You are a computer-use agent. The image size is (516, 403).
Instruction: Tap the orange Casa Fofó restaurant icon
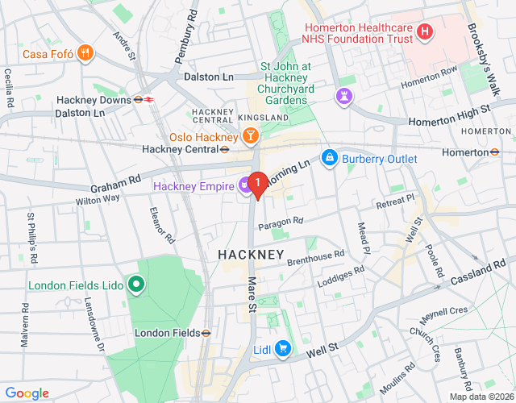[86, 54]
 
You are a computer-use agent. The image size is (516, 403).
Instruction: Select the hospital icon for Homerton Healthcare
[426, 33]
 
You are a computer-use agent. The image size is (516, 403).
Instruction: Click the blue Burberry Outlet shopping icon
[329, 158]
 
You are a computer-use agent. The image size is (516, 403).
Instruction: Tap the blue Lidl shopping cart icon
[282, 348]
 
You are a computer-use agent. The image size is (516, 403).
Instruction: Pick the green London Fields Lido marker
[136, 284]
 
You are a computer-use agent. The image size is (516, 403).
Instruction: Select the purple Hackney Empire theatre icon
[243, 186]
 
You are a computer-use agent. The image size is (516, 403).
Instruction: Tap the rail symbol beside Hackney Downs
[144, 99]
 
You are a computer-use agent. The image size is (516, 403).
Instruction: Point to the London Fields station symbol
[206, 332]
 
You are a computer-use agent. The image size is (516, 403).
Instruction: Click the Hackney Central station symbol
[226, 148]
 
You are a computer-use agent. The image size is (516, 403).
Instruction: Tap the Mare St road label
[252, 294]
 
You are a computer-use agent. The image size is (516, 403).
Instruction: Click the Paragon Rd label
[280, 221]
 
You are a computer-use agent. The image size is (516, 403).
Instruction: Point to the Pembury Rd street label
[185, 37]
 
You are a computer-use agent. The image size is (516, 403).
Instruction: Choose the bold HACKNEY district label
[251, 255]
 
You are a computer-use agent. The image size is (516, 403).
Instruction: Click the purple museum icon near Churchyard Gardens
[344, 97]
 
